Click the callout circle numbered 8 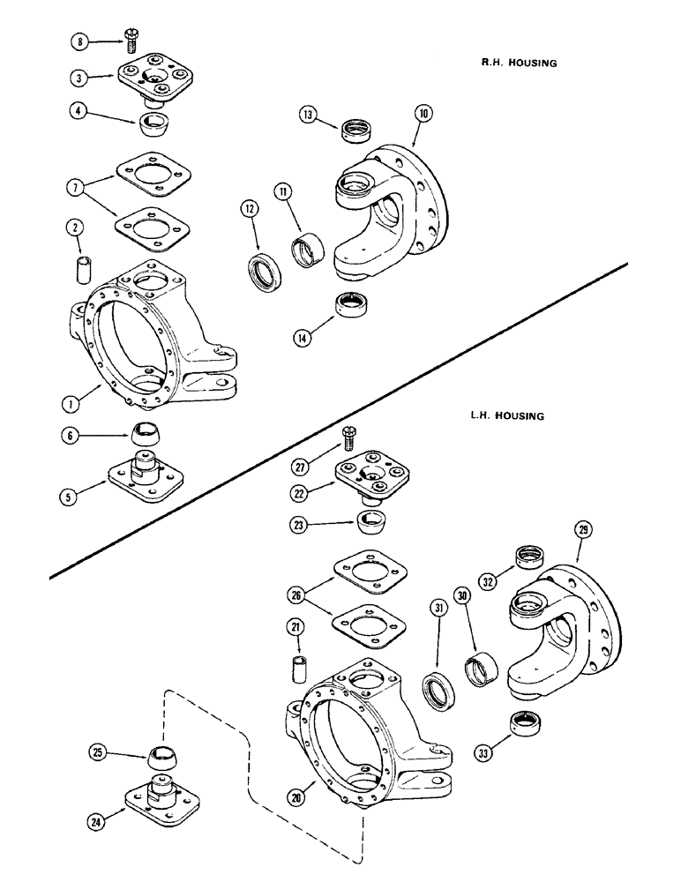click(82, 41)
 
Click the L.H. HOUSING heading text click(508, 414)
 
